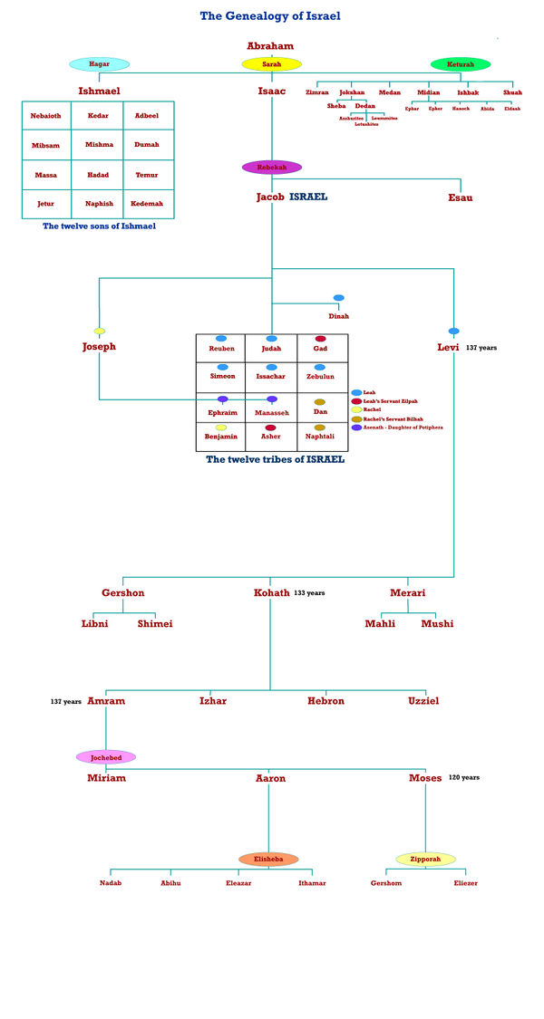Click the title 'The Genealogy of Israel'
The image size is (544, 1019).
270,15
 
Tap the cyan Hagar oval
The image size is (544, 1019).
100,64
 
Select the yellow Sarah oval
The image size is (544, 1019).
271,64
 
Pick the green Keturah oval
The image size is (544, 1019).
461,64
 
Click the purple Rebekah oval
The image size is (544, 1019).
271,167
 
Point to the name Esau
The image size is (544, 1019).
460,197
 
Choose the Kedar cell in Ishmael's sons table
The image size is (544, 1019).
98,116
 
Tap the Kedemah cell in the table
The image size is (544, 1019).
147,204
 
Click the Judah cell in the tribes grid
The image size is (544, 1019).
271,348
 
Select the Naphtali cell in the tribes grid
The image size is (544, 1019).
319,436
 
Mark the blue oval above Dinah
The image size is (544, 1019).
338,298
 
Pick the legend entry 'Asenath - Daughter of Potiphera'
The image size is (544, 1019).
402,427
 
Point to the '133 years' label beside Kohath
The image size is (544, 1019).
309,593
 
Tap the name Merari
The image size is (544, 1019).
407,593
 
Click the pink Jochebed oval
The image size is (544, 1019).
106,757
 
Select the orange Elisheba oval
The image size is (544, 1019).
268,859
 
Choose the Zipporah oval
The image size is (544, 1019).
425,859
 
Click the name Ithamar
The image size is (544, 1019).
312,883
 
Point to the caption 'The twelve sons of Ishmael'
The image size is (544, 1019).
99,226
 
